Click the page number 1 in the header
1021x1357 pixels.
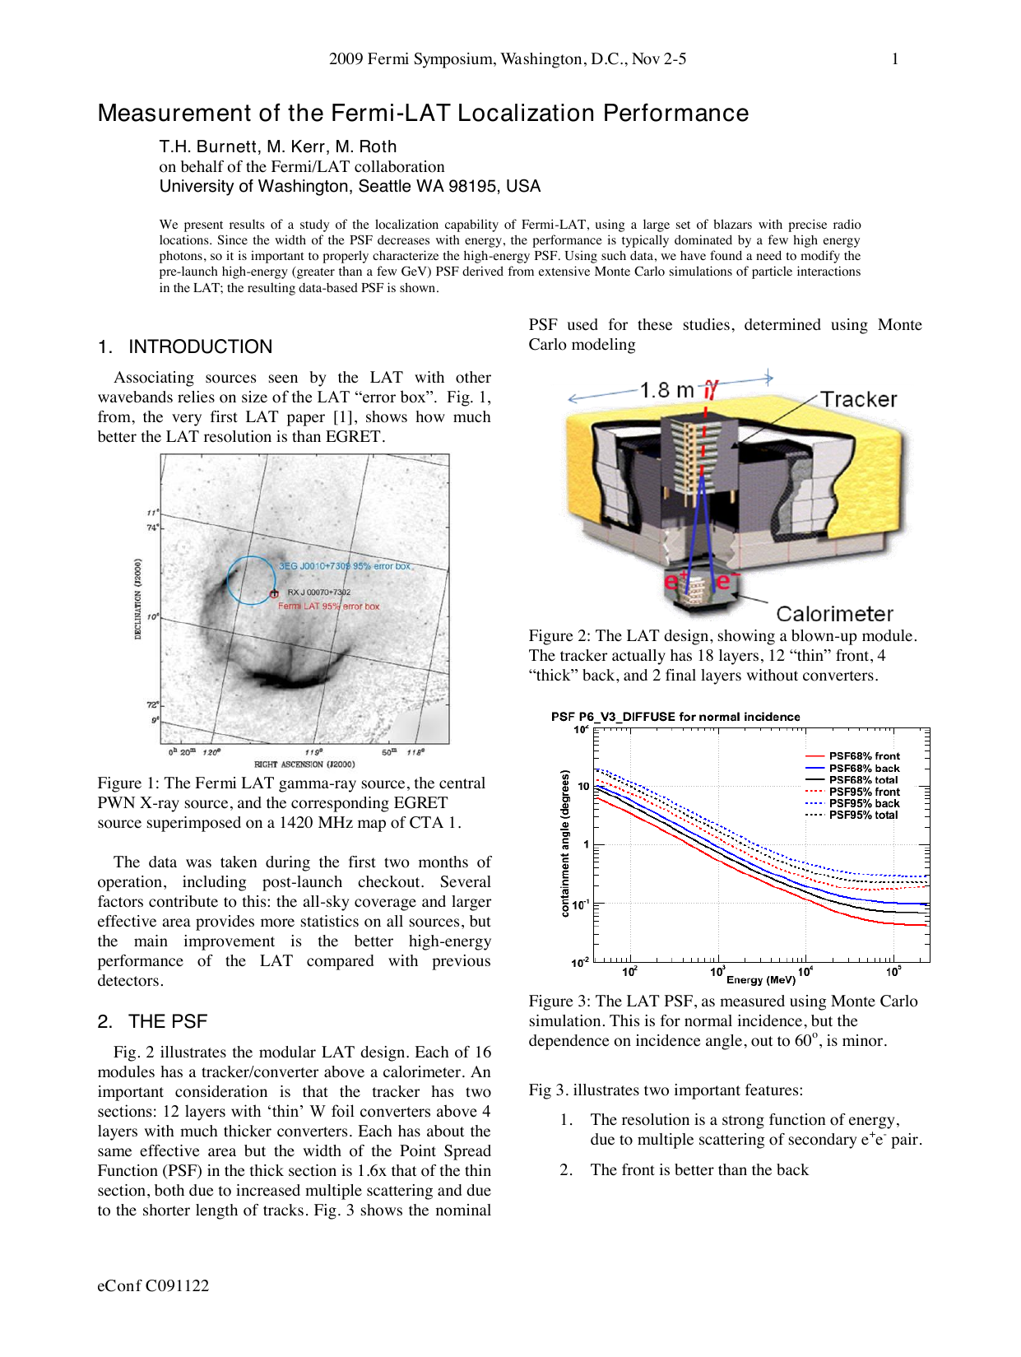click(x=895, y=59)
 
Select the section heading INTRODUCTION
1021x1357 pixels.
click(x=200, y=347)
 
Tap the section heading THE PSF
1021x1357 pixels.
click(x=168, y=1022)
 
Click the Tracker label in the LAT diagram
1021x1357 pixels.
click(x=859, y=400)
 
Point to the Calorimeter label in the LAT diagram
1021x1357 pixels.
click(x=834, y=614)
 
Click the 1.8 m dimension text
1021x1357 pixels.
click(x=666, y=390)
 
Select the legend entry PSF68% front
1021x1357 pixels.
click(x=864, y=756)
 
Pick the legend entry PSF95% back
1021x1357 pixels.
click(x=864, y=804)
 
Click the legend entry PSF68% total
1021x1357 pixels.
click(x=864, y=780)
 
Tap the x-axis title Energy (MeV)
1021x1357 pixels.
click(x=760, y=980)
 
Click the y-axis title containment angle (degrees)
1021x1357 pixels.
click(x=564, y=843)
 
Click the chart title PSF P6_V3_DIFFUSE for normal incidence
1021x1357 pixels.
click(x=675, y=717)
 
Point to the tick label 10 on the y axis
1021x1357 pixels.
click(x=583, y=787)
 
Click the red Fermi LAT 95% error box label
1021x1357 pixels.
click(x=328, y=606)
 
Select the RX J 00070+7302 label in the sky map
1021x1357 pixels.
click(x=318, y=593)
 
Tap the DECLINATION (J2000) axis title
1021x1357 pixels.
click(x=137, y=598)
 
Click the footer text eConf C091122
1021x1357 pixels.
click(x=153, y=1286)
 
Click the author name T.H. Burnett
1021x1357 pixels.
click(x=208, y=147)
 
